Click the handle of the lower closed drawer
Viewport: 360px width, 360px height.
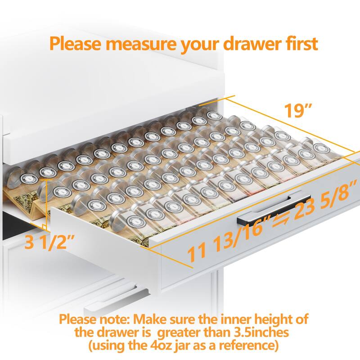click(x=117, y=299)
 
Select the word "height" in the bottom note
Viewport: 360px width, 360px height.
click(x=272, y=320)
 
